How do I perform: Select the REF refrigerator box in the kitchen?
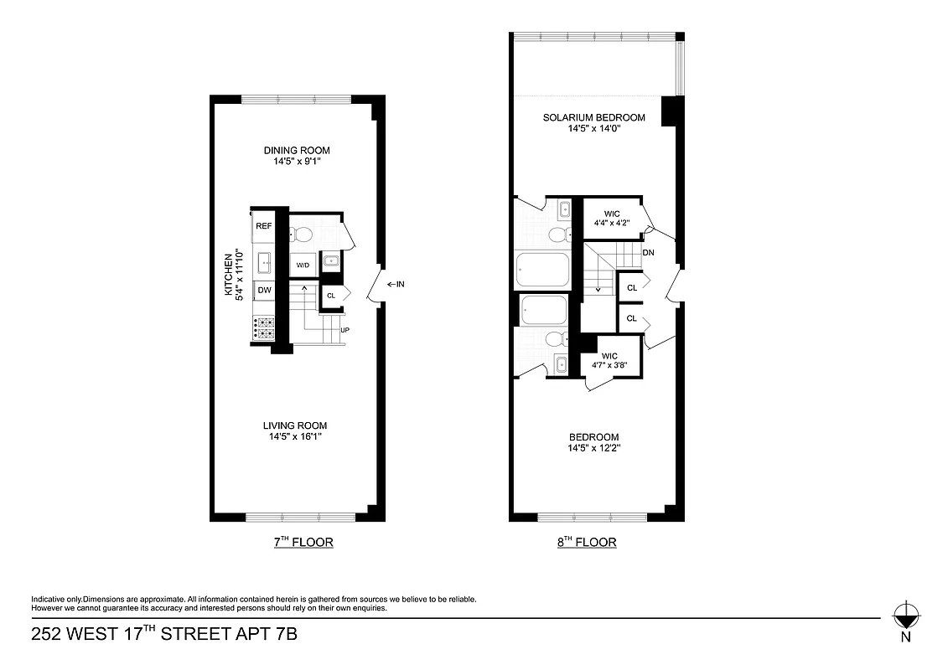click(x=263, y=226)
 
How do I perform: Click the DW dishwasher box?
click(x=264, y=290)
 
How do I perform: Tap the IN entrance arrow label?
click(x=396, y=284)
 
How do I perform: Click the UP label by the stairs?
click(x=344, y=330)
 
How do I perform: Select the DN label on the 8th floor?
click(x=648, y=252)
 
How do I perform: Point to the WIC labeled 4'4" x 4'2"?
click(x=611, y=219)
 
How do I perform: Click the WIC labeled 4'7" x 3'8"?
click(x=609, y=361)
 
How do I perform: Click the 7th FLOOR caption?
click(x=303, y=542)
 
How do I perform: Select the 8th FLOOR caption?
click(x=587, y=542)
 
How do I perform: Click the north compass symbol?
click(x=904, y=618)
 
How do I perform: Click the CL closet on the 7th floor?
click(x=331, y=295)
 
